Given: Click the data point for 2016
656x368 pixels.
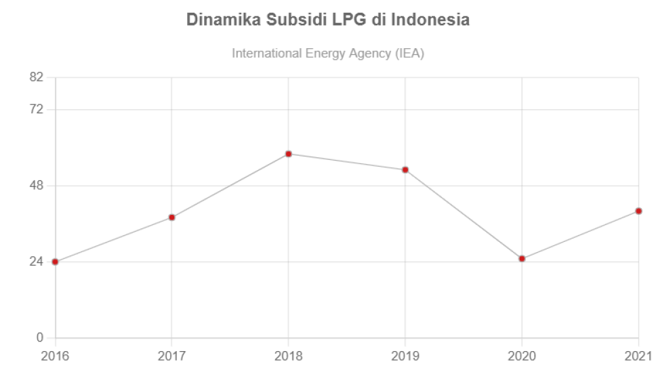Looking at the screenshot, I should tap(56, 262).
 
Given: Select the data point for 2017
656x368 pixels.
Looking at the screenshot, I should tap(172, 218).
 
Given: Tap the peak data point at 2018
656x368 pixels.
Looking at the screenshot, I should tap(289, 154).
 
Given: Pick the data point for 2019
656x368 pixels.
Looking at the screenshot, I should tap(405, 169).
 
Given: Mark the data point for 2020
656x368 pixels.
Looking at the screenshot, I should tap(522, 258).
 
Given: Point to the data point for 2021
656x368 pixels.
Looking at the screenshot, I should tap(638, 211).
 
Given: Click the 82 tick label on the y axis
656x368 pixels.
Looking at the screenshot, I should tap(36, 77).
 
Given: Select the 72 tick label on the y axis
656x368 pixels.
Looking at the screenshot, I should tap(36, 109).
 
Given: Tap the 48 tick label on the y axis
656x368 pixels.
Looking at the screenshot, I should tap(36, 185).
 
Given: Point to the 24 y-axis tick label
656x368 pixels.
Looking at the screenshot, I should tap(36, 262).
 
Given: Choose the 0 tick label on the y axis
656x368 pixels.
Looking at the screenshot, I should tap(40, 338).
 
